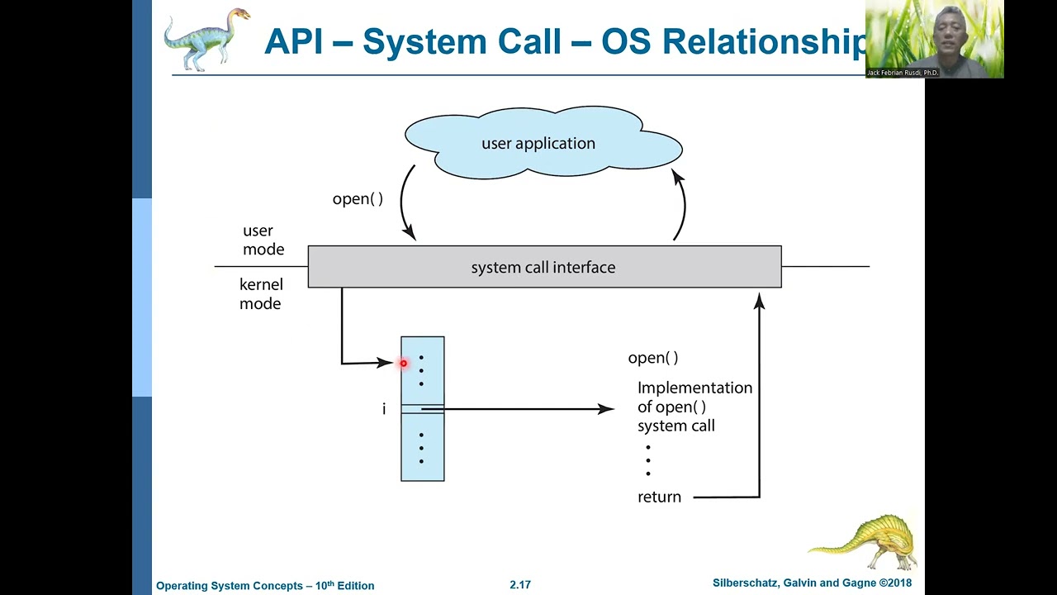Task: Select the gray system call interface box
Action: click(x=543, y=267)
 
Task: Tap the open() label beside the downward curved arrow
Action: click(x=358, y=199)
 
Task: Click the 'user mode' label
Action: click(x=263, y=240)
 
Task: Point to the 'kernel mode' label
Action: click(x=260, y=294)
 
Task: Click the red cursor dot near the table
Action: click(x=404, y=363)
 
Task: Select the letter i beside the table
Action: click(x=383, y=409)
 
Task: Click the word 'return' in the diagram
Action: click(x=659, y=497)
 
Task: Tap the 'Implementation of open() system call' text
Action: click(x=694, y=407)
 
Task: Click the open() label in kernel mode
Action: click(x=652, y=358)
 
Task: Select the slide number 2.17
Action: click(x=520, y=584)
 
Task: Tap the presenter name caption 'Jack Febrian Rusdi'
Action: click(x=902, y=73)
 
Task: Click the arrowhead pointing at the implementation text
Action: click(x=609, y=408)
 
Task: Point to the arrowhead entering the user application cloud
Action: click(x=677, y=175)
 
